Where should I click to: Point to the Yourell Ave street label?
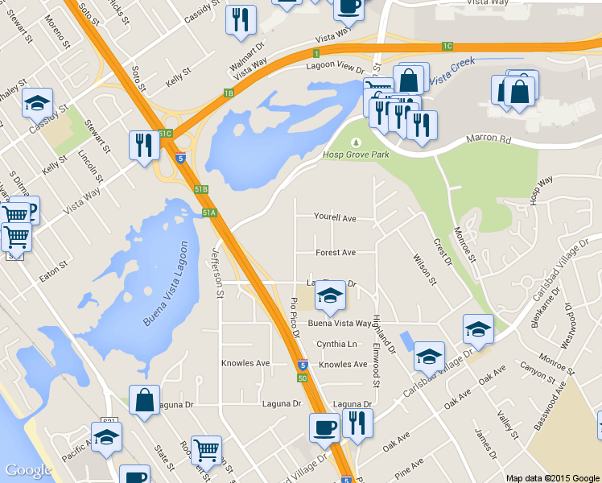335,218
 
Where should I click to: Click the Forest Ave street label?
336,253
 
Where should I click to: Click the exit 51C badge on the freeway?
166,134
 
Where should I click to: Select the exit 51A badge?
209,213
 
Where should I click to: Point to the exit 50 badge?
302,378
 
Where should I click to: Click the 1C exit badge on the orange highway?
447,46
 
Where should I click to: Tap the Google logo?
28,470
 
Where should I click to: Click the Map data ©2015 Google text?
553,478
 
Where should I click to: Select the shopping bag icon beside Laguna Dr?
144,402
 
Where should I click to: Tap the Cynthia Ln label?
336,345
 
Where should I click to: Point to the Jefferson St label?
216,271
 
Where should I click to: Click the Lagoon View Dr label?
335,67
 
